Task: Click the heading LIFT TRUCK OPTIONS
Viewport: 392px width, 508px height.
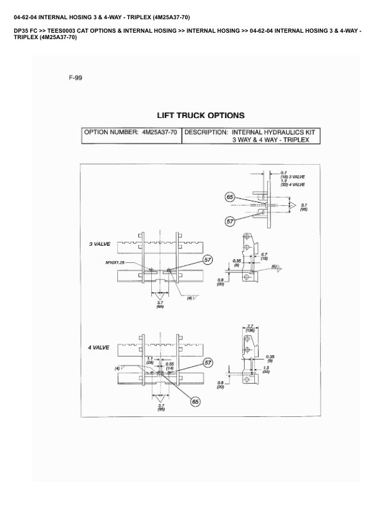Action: point(200,115)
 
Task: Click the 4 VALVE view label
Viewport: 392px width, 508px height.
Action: point(99,347)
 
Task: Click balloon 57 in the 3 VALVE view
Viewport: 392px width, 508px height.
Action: point(208,260)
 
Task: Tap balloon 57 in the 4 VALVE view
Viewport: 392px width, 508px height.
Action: point(208,363)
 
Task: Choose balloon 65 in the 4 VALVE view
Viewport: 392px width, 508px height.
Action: point(195,401)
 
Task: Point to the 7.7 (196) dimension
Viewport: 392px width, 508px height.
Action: point(250,328)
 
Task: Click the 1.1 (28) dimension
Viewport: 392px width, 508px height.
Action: point(149,360)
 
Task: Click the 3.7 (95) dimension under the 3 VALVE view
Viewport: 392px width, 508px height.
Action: point(160,305)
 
